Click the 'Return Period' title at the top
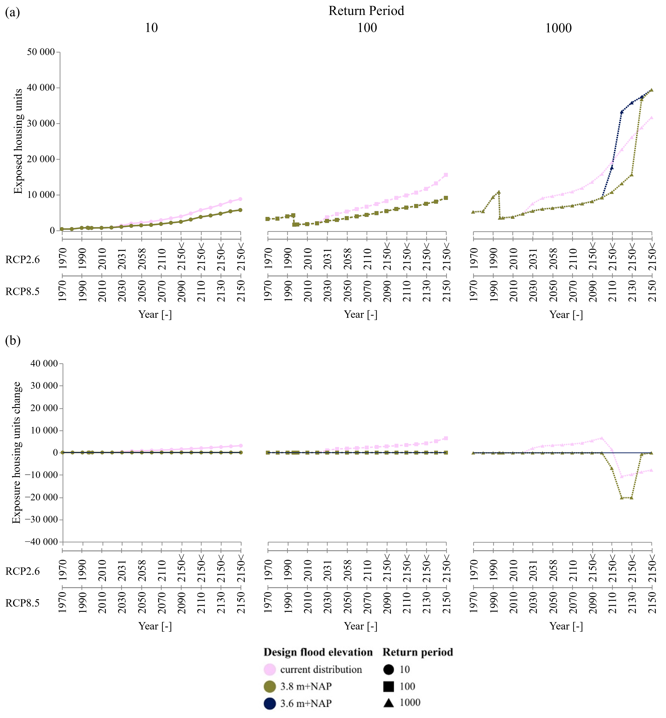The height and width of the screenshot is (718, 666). pyautogui.click(x=366, y=11)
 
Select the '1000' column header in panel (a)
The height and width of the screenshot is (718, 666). pyautogui.click(x=558, y=28)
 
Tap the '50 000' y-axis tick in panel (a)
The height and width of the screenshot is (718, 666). pyautogui.click(x=41, y=52)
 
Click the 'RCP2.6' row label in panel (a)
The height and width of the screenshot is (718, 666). pyautogui.click(x=22, y=260)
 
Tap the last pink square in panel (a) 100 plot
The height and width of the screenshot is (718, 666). pyautogui.click(x=446, y=175)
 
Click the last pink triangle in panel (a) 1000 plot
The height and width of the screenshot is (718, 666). pyautogui.click(x=651, y=118)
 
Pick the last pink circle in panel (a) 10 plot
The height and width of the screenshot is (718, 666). pyautogui.click(x=240, y=199)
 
